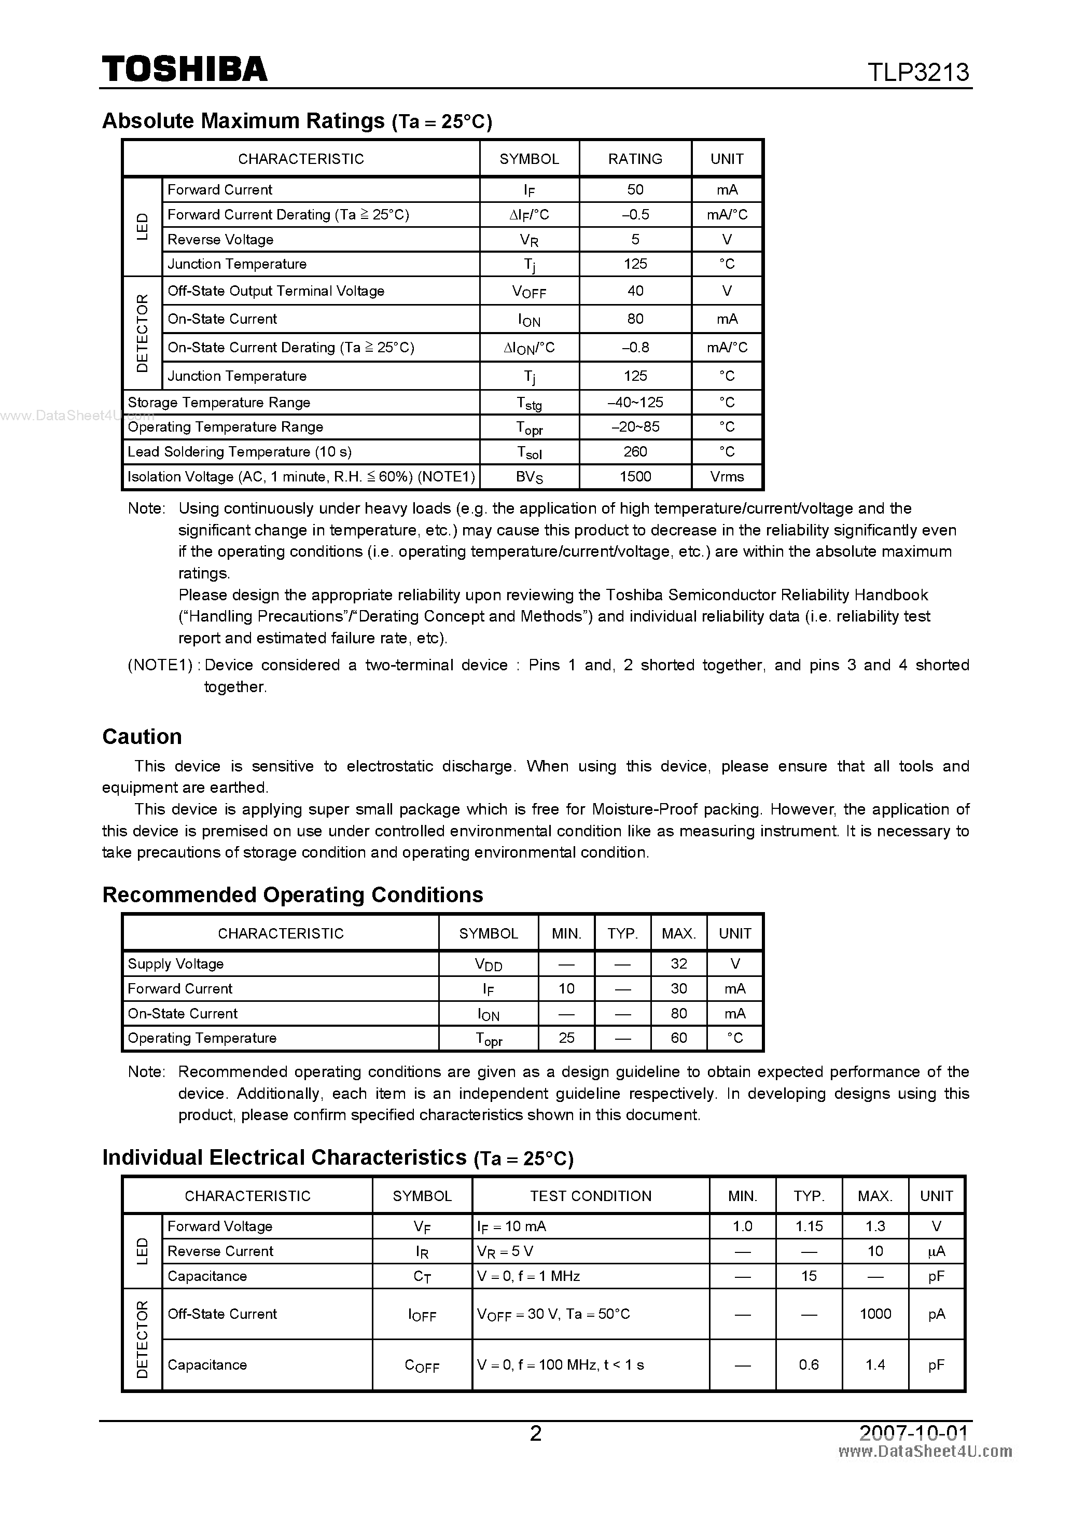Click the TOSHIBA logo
coord(184,68)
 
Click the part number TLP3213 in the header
coord(918,72)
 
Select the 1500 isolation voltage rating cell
coord(635,476)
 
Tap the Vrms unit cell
coord(727,476)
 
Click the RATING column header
coord(635,159)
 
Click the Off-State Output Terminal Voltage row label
coord(275,291)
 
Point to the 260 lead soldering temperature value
coord(635,452)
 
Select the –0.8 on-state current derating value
coord(635,348)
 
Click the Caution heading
coord(142,737)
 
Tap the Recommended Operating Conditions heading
coord(293,894)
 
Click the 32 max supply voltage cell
coord(678,963)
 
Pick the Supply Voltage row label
coord(176,963)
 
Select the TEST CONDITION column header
coord(591,1196)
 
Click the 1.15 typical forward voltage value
coord(809,1226)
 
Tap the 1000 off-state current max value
coord(874,1314)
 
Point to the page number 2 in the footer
coord(536,1433)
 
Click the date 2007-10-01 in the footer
coord(913,1432)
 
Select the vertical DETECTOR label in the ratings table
coord(142,333)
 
